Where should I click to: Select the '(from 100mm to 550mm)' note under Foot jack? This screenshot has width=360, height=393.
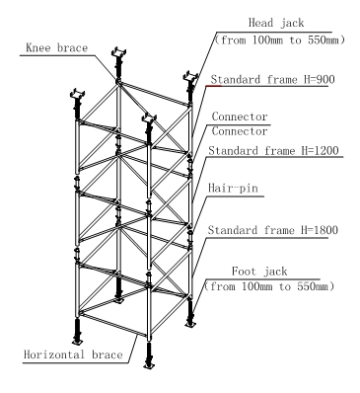pyautogui.click(x=267, y=287)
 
